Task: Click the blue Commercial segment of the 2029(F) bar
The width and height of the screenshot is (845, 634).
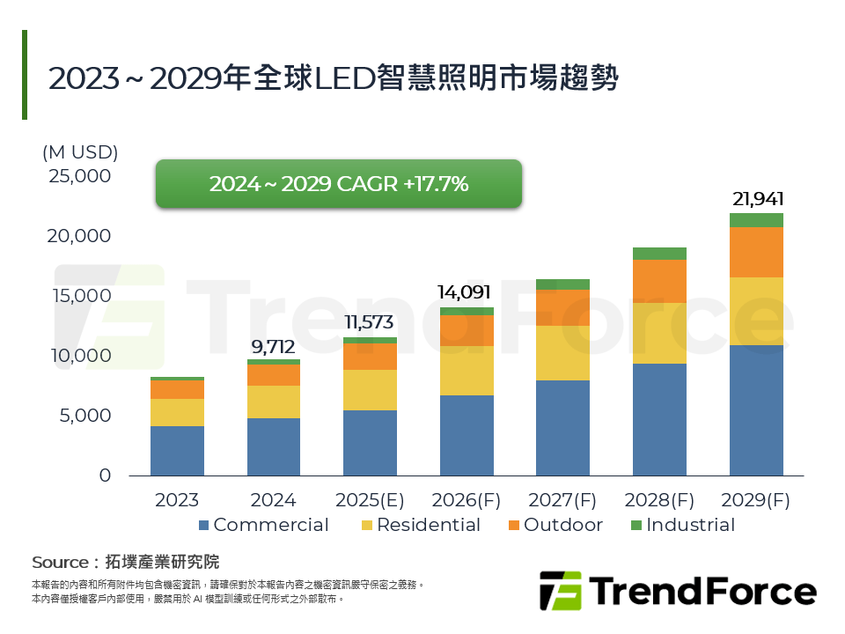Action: click(x=756, y=410)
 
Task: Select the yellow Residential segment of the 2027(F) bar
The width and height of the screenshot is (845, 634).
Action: click(x=563, y=353)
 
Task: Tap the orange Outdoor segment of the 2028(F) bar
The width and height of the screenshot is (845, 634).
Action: click(x=659, y=281)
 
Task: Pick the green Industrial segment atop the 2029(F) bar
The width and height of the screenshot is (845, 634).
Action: click(x=756, y=220)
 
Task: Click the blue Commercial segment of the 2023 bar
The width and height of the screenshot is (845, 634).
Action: click(x=177, y=451)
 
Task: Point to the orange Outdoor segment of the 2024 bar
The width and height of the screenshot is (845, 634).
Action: click(x=274, y=375)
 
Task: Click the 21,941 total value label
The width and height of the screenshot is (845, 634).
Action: click(x=757, y=199)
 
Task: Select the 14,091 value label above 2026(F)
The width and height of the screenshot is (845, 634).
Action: click(x=467, y=292)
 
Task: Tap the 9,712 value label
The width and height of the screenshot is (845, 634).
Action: click(x=273, y=345)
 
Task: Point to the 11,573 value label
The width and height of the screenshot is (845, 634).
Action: click(x=370, y=322)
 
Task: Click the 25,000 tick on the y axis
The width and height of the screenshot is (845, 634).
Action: click(x=79, y=176)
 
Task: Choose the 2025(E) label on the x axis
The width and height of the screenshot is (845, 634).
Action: click(x=370, y=501)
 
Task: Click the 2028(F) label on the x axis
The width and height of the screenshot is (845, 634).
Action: click(x=659, y=501)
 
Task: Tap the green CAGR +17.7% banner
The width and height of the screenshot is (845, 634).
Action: click(x=339, y=184)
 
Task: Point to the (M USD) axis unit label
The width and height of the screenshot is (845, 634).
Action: click(x=80, y=152)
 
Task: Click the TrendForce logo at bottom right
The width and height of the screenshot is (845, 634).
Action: click(x=678, y=591)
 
